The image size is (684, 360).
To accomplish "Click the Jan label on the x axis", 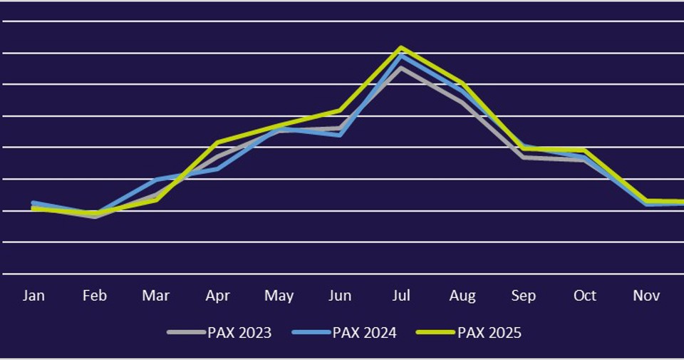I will (x=33, y=296).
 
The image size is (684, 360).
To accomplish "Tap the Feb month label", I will (x=94, y=296).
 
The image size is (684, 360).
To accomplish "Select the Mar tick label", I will (x=155, y=296).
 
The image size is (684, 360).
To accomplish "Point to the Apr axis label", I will (x=217, y=296).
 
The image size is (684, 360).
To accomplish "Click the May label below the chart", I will (x=279, y=296).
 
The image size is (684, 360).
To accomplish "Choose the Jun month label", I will (x=340, y=296).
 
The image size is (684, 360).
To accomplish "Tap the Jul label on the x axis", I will (x=401, y=296).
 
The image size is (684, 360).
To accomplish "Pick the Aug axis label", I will (x=462, y=296).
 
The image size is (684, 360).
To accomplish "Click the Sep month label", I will (x=524, y=296).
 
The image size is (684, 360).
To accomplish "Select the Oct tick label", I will (x=585, y=296).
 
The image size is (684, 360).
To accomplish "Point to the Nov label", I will (x=647, y=296).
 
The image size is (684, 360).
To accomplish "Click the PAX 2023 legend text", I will (x=239, y=333).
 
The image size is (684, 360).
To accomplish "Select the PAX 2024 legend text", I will (x=364, y=333).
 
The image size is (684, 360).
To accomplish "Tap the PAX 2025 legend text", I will (x=489, y=333).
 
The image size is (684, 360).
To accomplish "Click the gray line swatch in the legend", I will (x=186, y=332).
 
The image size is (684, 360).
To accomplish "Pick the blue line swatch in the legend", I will (x=311, y=332).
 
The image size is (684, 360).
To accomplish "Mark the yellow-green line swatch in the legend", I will (x=436, y=332).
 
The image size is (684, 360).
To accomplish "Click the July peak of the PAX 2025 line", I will (x=401, y=48).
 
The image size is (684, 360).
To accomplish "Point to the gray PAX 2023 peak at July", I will (x=401, y=68).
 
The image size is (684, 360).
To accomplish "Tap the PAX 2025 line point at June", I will (x=340, y=110).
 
